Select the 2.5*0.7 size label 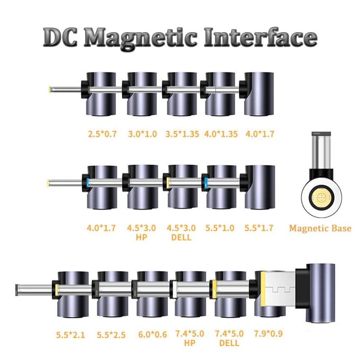tap(102, 134)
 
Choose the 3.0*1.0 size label tap(142, 134)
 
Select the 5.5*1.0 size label tap(220, 228)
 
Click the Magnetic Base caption tap(320, 228)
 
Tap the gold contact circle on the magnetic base tap(320, 197)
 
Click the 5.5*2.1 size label tap(70, 335)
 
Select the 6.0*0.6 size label tap(149, 335)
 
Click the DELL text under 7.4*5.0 tap(229, 343)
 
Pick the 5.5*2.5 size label tap(111, 335)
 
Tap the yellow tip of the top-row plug tap(50, 89)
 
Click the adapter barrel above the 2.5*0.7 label tap(102, 94)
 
